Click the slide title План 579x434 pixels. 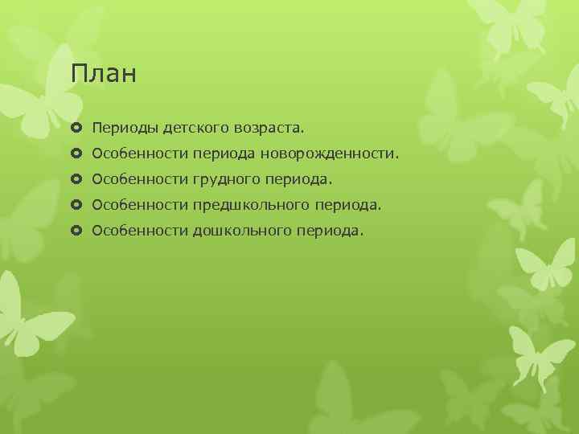pyautogui.click(x=104, y=75)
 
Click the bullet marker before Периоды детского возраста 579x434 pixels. pyautogui.click(x=77, y=127)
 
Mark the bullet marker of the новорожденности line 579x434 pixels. pyautogui.click(x=77, y=153)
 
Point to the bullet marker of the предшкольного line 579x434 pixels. pyautogui.click(x=77, y=205)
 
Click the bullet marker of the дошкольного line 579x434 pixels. pyautogui.click(x=77, y=231)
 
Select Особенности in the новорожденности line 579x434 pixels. pyautogui.click(x=140, y=153)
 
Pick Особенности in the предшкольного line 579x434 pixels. pyautogui.click(x=140, y=205)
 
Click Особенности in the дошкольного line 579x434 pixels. pyautogui.click(x=140, y=231)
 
